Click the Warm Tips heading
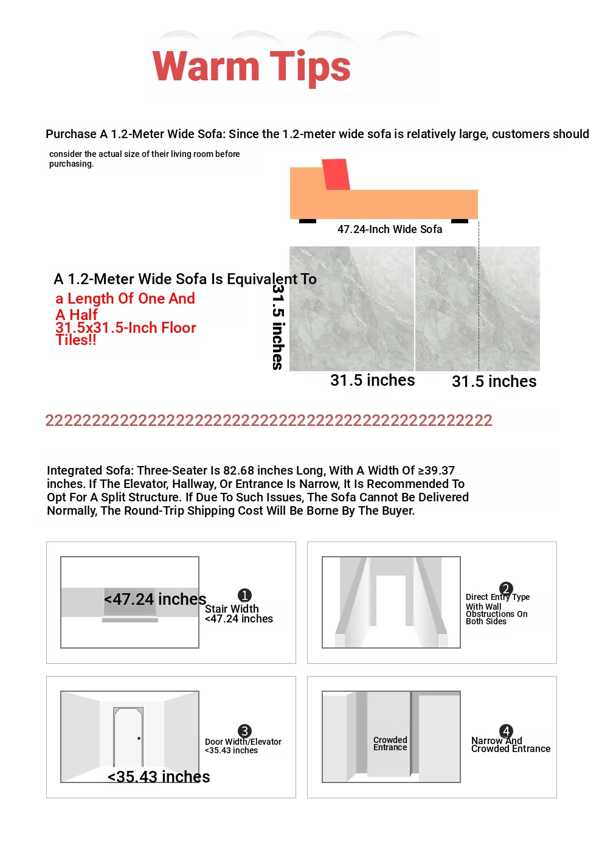pyautogui.click(x=251, y=66)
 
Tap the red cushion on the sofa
pyautogui.click(x=336, y=175)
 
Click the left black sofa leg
pyautogui.click(x=308, y=221)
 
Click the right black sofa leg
pyautogui.click(x=460, y=221)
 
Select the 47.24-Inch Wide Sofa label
pyautogui.click(x=390, y=229)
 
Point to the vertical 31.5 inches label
pyautogui.click(x=278, y=327)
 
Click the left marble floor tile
pyautogui.click(x=351, y=308)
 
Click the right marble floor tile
pyautogui.click(x=478, y=308)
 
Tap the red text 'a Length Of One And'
pyautogui.click(x=125, y=299)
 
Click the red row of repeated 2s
pyautogui.click(x=269, y=420)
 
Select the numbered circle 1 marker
pyautogui.click(x=244, y=595)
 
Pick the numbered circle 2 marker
pyautogui.click(x=506, y=588)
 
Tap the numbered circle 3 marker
pyautogui.click(x=244, y=731)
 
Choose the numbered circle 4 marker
pyautogui.click(x=506, y=731)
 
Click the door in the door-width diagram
pyautogui.click(x=128, y=737)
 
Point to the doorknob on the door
pyautogui.click(x=139, y=739)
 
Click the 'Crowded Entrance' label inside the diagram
pyautogui.click(x=390, y=744)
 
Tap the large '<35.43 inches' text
pyautogui.click(x=159, y=777)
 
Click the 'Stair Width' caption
pyautogui.click(x=232, y=609)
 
